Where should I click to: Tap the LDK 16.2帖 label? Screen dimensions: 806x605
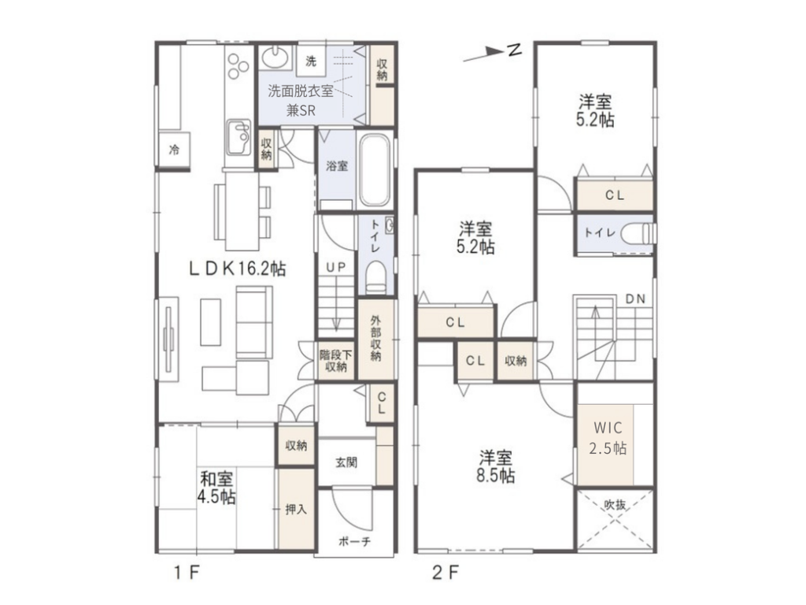click(238, 269)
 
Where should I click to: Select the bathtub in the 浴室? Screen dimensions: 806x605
click(374, 170)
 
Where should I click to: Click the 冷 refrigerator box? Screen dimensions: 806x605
click(174, 150)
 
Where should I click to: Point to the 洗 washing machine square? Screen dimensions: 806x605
click(311, 61)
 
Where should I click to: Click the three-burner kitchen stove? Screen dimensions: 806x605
click(238, 67)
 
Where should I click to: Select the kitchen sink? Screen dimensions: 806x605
click(238, 136)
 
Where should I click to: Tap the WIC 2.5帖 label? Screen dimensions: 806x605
click(608, 438)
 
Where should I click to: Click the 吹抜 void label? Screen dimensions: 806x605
click(615, 505)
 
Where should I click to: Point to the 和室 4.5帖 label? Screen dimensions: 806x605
click(216, 488)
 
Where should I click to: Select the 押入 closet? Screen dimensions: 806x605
click(296, 510)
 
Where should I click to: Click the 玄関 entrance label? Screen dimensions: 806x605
click(346, 462)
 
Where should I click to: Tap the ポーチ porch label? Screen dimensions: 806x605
click(355, 541)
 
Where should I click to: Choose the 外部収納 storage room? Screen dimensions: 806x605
click(376, 339)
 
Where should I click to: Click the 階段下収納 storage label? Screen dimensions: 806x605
click(335, 361)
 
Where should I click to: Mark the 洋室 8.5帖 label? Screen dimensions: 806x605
click(496, 466)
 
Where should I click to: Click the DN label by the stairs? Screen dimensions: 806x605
click(635, 299)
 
